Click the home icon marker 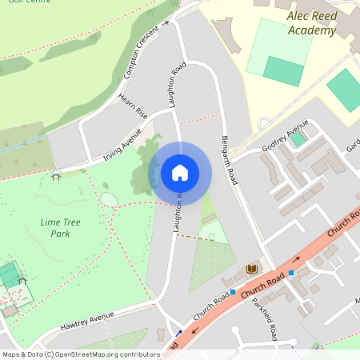coord(180,172)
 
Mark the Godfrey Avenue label coord(286,135)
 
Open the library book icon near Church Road coord(252,269)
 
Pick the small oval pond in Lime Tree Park coord(109,199)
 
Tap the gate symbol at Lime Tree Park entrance coord(57,173)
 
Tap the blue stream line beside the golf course coord(24,144)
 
